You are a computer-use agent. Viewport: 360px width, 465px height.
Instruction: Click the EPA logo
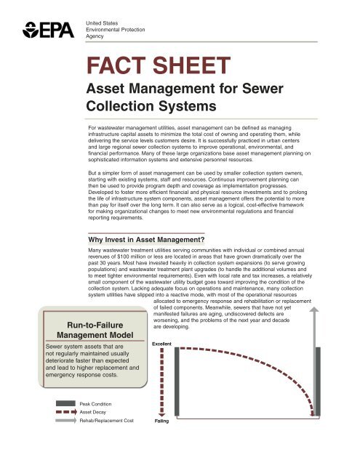[44, 31]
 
